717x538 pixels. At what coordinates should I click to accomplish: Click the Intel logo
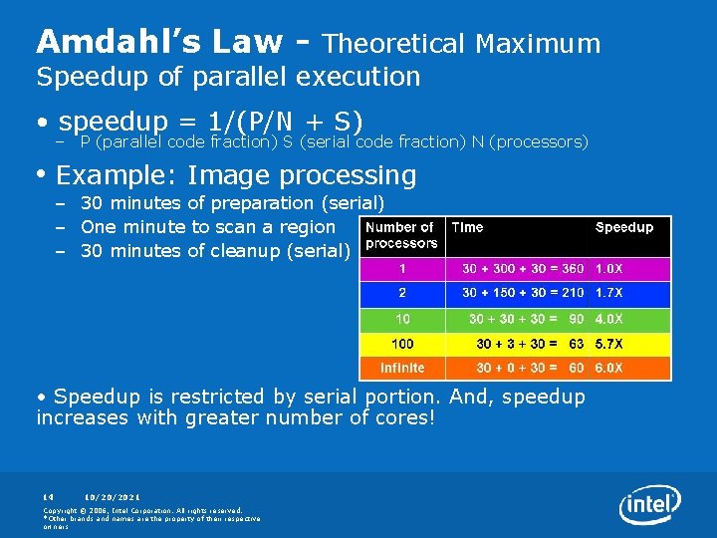click(x=650, y=506)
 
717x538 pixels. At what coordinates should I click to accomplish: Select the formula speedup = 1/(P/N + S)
click(x=215, y=121)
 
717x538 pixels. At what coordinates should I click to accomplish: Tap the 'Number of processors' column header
click(x=401, y=235)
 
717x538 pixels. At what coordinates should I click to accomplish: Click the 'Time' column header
click(x=467, y=227)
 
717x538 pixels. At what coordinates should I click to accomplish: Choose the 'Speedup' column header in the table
click(x=624, y=227)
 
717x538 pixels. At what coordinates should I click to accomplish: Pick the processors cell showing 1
click(x=402, y=269)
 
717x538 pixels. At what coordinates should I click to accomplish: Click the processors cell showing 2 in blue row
click(x=402, y=294)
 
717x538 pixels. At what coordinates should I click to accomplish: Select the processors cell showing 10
click(x=402, y=319)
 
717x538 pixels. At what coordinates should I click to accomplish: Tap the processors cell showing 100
click(x=402, y=344)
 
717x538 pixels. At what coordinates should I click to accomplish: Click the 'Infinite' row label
click(x=402, y=368)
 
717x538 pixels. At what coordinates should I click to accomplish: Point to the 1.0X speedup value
click(x=609, y=269)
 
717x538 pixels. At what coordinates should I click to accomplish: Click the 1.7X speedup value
click(x=609, y=294)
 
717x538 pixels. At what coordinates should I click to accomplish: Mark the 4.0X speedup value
click(x=609, y=319)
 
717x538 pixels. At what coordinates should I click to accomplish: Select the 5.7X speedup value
click(x=609, y=344)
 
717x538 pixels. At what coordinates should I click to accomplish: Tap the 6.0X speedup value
click(x=609, y=368)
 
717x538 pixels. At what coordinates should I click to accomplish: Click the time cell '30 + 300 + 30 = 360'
click(x=523, y=269)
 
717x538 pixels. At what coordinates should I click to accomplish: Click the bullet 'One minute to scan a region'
click(x=208, y=227)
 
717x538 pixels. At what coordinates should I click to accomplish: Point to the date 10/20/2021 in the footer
click(x=113, y=496)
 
